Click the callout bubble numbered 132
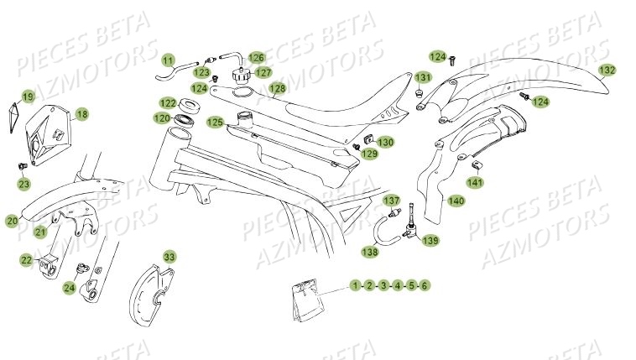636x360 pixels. pyautogui.click(x=607, y=70)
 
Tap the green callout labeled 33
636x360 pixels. pyautogui.click(x=169, y=256)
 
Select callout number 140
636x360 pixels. pyautogui.click(x=456, y=201)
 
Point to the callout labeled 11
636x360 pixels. pyautogui.click(x=168, y=60)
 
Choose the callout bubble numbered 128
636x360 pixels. pyautogui.click(x=277, y=88)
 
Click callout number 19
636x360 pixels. pyautogui.click(x=28, y=97)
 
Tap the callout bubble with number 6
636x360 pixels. pyautogui.click(x=425, y=286)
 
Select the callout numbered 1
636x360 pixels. pyautogui.click(x=356, y=286)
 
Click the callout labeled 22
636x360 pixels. pyautogui.click(x=28, y=260)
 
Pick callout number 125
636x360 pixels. pyautogui.click(x=215, y=123)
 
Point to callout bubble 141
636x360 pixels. pyautogui.click(x=475, y=182)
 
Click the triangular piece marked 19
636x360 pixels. pyautogui.click(x=14, y=110)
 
